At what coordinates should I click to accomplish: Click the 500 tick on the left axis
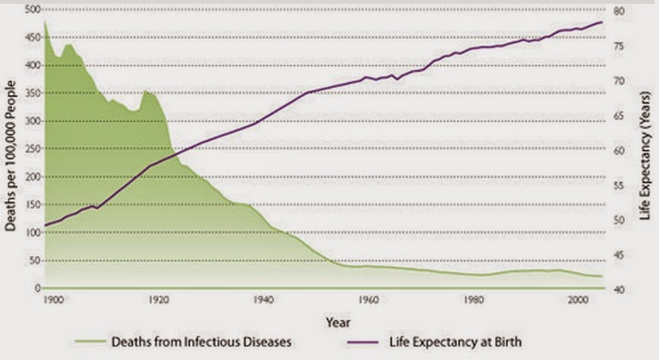[33, 9]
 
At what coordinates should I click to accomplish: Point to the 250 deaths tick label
[33, 149]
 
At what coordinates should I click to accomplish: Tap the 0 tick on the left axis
[38, 289]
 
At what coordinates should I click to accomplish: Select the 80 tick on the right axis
[619, 11]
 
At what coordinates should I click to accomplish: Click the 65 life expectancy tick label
[619, 116]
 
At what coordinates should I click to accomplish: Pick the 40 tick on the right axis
[619, 290]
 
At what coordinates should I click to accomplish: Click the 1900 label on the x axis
[53, 300]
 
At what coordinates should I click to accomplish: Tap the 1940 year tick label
[263, 300]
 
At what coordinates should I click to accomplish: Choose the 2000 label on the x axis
[579, 300]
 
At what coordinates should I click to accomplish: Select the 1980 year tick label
[474, 300]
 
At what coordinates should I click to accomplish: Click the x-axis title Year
[338, 323]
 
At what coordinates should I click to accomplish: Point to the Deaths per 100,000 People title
[10, 156]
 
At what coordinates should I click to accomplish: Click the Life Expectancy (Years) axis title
[645, 156]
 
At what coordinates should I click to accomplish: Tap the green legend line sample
[90, 342]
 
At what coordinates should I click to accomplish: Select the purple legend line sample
[363, 343]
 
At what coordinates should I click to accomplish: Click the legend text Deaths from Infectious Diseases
[201, 342]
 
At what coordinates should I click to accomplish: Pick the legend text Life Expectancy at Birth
[456, 342]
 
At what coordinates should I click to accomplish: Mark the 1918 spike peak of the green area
[146, 90]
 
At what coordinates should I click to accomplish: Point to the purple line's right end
[602, 22]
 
